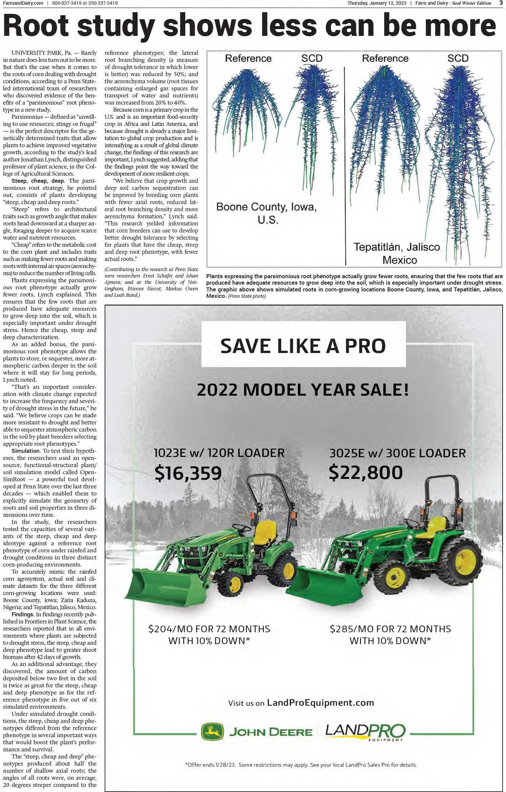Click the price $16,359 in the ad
pos(188,473)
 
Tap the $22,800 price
pos(366,472)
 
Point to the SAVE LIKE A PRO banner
pos(303,345)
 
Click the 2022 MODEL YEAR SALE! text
pos(303,390)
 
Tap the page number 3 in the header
pos(501,3)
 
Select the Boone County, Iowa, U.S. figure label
pos(267,213)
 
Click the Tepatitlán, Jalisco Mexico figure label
pos(397,254)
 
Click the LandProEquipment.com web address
pos(320,703)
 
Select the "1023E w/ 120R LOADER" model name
pos(219,453)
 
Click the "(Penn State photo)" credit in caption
pos(247,296)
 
